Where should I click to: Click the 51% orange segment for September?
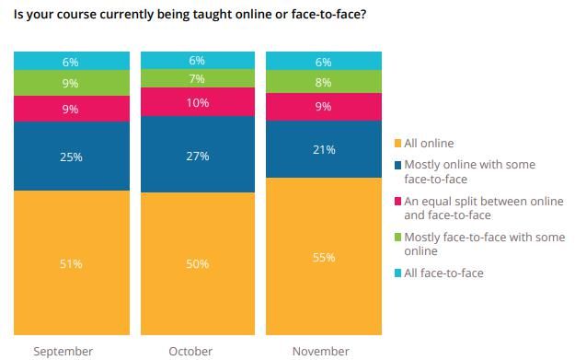coord(71,263)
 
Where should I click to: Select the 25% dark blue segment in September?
coord(71,157)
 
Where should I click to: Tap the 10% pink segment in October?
coord(197,102)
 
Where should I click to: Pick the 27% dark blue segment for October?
coord(197,155)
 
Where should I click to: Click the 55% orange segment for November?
coord(323,257)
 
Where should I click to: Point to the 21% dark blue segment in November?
coord(323,149)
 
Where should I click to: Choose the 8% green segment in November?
coord(323,82)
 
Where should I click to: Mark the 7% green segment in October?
coord(197,79)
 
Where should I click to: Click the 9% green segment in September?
coord(71,83)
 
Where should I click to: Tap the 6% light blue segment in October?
coord(197,61)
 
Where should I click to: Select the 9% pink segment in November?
coord(323,106)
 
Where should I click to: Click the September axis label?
coord(63,351)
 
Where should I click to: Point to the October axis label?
coord(190,351)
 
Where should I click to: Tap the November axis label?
coord(320,351)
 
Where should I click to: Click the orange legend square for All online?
coord(397,144)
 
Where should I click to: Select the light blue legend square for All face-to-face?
coord(397,273)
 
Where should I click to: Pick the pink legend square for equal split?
coord(397,201)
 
